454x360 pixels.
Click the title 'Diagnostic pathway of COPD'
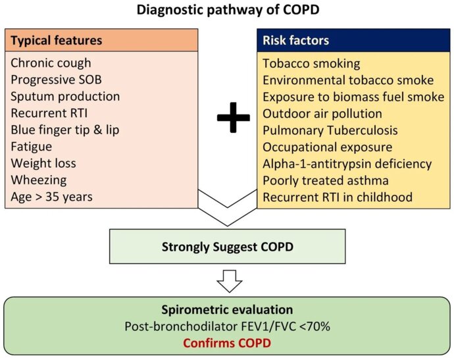tap(227, 11)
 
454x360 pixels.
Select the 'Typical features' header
tap(57, 40)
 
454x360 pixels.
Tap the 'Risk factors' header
tap(296, 40)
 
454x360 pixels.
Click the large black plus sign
tap(233, 118)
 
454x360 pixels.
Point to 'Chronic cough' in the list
tap(51, 63)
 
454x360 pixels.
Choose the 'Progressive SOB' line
tap(57, 80)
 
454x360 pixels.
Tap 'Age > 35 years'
tap(52, 197)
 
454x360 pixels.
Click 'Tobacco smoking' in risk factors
tap(311, 64)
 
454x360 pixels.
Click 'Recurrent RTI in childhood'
tap(338, 197)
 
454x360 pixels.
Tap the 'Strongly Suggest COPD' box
tap(227, 248)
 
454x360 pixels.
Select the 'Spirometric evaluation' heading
tap(226, 309)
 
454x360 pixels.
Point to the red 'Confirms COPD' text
tap(226, 342)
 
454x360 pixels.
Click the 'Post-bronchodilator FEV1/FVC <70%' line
tap(226, 326)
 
